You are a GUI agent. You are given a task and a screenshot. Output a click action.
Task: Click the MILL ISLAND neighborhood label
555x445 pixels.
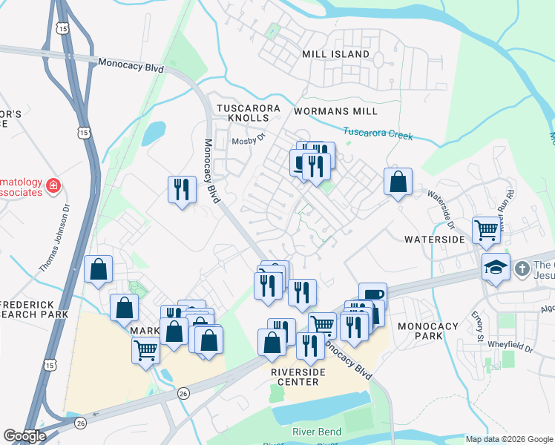click(335, 54)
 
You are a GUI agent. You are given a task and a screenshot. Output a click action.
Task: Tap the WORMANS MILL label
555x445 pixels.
click(335, 111)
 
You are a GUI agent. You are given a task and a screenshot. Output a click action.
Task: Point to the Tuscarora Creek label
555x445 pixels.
click(378, 133)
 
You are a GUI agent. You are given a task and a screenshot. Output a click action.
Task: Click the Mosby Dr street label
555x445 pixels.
click(248, 140)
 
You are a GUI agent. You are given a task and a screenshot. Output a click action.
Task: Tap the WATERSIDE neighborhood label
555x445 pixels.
click(434, 240)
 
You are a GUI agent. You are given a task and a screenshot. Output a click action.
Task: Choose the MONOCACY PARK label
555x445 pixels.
click(430, 331)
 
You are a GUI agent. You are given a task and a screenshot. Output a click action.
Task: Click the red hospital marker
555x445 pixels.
click(53, 186)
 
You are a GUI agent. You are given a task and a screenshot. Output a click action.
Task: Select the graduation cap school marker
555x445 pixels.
click(496, 267)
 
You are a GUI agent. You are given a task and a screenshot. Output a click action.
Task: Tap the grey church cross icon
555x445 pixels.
click(522, 267)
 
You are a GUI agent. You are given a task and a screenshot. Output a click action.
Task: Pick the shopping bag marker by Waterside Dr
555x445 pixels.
click(398, 181)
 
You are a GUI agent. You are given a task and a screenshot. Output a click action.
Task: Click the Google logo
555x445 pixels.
click(24, 435)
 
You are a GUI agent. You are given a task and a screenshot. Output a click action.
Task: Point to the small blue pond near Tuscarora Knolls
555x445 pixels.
click(153, 133)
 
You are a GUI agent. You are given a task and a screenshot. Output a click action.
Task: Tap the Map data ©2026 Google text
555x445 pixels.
click(508, 439)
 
